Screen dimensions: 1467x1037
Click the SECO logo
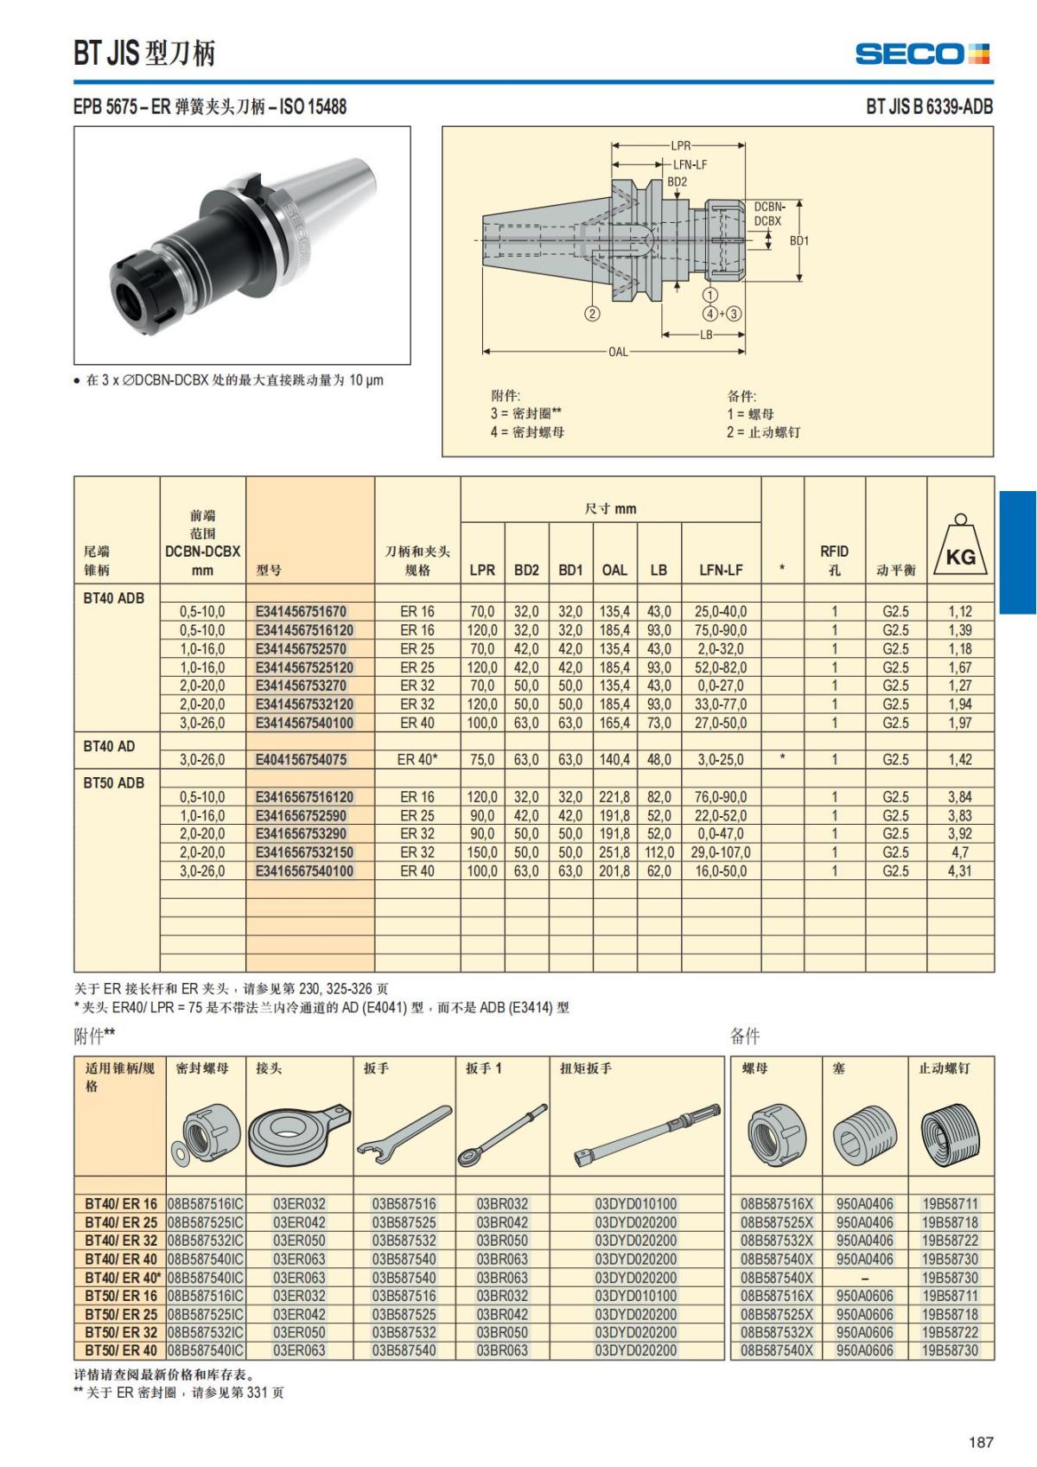(922, 54)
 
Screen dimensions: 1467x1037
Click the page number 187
(981, 1441)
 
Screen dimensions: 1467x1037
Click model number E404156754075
(301, 760)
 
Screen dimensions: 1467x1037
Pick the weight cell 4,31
(959, 871)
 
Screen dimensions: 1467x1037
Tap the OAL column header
(614, 570)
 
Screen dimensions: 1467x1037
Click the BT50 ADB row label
(113, 783)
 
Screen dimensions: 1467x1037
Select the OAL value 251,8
(614, 852)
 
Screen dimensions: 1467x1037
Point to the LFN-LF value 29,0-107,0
(721, 852)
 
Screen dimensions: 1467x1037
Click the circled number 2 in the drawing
(592, 314)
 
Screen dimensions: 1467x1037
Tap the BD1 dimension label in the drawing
(799, 240)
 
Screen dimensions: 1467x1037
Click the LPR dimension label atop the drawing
(680, 146)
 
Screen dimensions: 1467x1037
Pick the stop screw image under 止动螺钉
(950, 1134)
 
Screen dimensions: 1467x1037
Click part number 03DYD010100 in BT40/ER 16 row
(635, 1204)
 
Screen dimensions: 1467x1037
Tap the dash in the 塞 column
(864, 1278)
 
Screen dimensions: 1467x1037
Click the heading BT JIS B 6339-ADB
(929, 107)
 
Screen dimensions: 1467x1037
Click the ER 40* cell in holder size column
(417, 760)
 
